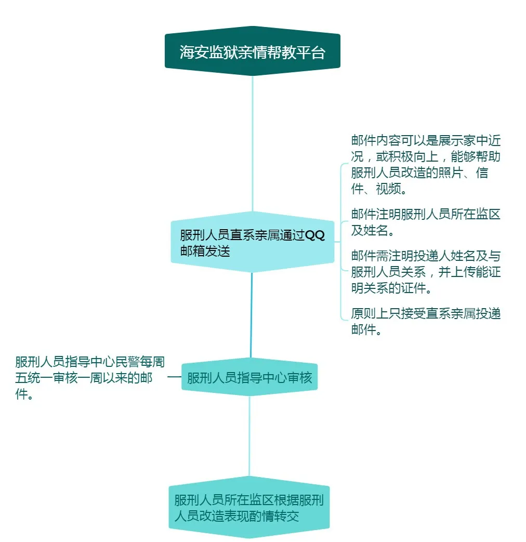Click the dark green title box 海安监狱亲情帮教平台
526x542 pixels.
[253, 51]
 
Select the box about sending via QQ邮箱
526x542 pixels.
[253, 242]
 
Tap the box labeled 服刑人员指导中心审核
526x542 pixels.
[249, 377]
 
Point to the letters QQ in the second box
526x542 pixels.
[314, 235]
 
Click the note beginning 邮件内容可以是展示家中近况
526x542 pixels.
[426, 165]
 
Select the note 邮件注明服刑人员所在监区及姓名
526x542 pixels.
[426, 222]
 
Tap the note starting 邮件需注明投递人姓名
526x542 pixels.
[426, 272]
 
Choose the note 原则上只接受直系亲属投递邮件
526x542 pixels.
[426, 322]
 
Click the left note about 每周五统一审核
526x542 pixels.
[89, 377]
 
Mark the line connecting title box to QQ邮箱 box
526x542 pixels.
[253, 144]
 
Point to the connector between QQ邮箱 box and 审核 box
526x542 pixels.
[252, 315]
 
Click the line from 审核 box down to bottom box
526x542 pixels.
[249, 437]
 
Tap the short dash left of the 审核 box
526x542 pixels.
[174, 377]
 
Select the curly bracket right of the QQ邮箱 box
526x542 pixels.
[343, 242]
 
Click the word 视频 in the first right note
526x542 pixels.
[388, 189]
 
